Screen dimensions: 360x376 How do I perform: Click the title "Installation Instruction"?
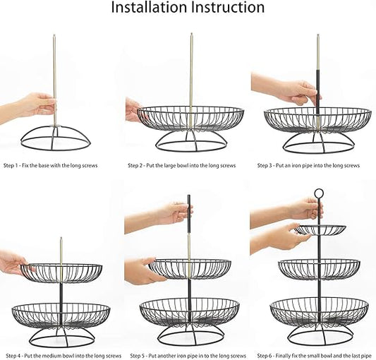[x=188, y=8]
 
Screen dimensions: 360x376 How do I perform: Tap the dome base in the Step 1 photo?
[x=56, y=137]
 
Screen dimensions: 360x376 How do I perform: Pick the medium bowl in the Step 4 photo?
[x=61, y=272]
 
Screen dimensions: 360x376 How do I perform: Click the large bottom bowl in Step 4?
[x=61, y=314]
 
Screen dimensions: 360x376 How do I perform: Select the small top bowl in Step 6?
[x=320, y=230]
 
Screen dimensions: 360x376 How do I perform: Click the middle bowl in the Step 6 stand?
[x=319, y=268]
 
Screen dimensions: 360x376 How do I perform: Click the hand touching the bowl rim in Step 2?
[x=133, y=109]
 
